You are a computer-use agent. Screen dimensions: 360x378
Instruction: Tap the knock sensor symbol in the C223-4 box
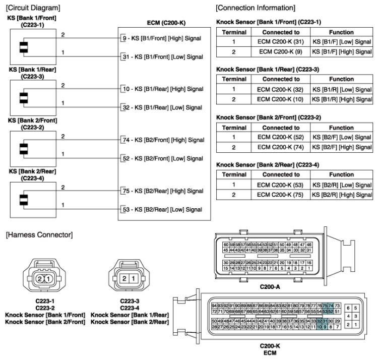23,198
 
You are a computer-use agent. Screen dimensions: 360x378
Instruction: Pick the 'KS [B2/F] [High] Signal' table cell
342,147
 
